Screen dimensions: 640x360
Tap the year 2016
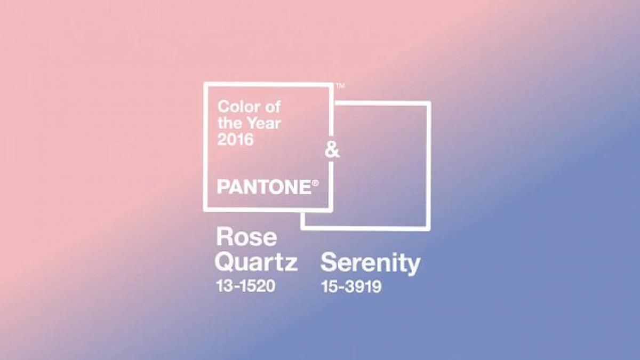(x=235, y=139)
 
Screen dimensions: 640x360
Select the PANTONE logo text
(x=265, y=187)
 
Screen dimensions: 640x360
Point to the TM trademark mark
(x=340, y=85)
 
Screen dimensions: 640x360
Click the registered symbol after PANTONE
(x=315, y=183)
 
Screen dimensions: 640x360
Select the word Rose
(x=246, y=237)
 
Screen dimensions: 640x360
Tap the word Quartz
(x=257, y=262)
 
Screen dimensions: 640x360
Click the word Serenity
(x=370, y=263)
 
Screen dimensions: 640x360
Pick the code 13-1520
(x=246, y=286)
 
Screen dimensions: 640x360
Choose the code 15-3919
(x=351, y=286)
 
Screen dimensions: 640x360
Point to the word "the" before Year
(x=230, y=123)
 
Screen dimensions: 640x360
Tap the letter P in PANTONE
(x=223, y=187)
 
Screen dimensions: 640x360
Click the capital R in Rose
(x=224, y=237)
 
